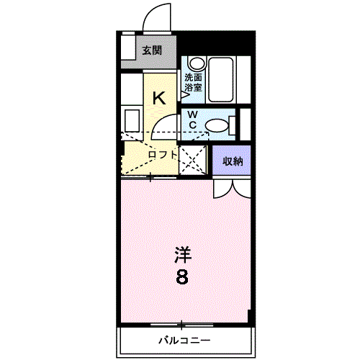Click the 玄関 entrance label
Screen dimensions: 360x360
tap(152, 50)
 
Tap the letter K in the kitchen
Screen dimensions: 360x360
tap(159, 98)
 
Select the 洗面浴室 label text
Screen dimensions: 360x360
tap(193, 83)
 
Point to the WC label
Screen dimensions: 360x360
tap(193, 120)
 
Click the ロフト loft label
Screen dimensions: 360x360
tap(163, 155)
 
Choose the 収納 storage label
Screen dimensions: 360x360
tap(233, 161)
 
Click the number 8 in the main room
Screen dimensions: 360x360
tap(182, 276)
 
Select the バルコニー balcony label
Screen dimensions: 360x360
tap(184, 340)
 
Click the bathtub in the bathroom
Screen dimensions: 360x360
tap(221, 79)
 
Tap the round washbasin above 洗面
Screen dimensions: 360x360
tap(197, 63)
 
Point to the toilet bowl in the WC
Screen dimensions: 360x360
tap(217, 125)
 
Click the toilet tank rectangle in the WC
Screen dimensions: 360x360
tap(233, 125)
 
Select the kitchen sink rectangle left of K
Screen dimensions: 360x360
tap(132, 121)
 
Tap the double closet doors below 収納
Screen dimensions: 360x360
tap(232, 189)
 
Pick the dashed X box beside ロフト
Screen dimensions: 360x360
tap(193, 160)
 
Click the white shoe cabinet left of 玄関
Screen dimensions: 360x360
tap(127, 48)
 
